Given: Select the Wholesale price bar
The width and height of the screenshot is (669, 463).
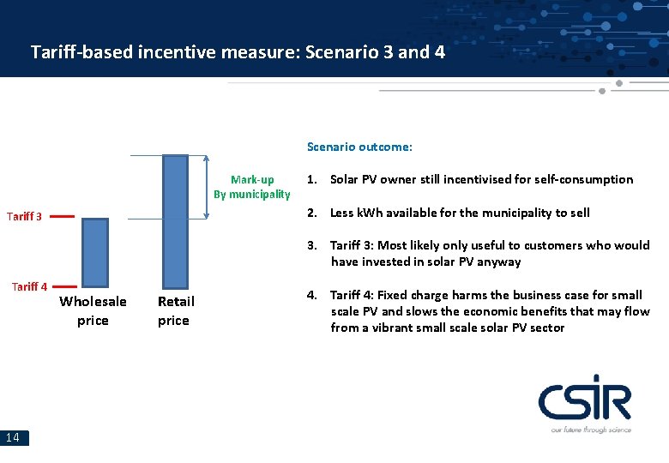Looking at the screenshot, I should [94, 251].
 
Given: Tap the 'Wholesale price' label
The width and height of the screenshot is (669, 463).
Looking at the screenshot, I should [93, 310].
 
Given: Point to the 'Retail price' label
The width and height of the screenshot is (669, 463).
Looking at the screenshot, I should [176, 310].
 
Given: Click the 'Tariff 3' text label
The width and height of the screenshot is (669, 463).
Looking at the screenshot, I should [24, 217].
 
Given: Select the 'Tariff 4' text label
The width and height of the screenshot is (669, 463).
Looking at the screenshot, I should [29, 286].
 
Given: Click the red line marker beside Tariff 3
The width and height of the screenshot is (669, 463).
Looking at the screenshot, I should [62, 217].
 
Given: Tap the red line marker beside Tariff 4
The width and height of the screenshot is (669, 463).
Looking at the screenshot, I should [63, 286].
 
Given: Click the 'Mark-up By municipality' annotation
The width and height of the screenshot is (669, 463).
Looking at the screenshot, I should [252, 187].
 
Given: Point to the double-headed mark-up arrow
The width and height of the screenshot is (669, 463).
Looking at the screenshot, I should [207, 187].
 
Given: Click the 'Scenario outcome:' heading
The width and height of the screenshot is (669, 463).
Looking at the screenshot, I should [359, 147].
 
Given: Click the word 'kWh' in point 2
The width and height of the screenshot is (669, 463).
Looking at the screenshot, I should [371, 213].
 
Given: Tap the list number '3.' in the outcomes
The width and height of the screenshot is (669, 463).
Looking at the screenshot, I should [313, 245].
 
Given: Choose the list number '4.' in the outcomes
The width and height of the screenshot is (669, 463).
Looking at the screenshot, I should [313, 295].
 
